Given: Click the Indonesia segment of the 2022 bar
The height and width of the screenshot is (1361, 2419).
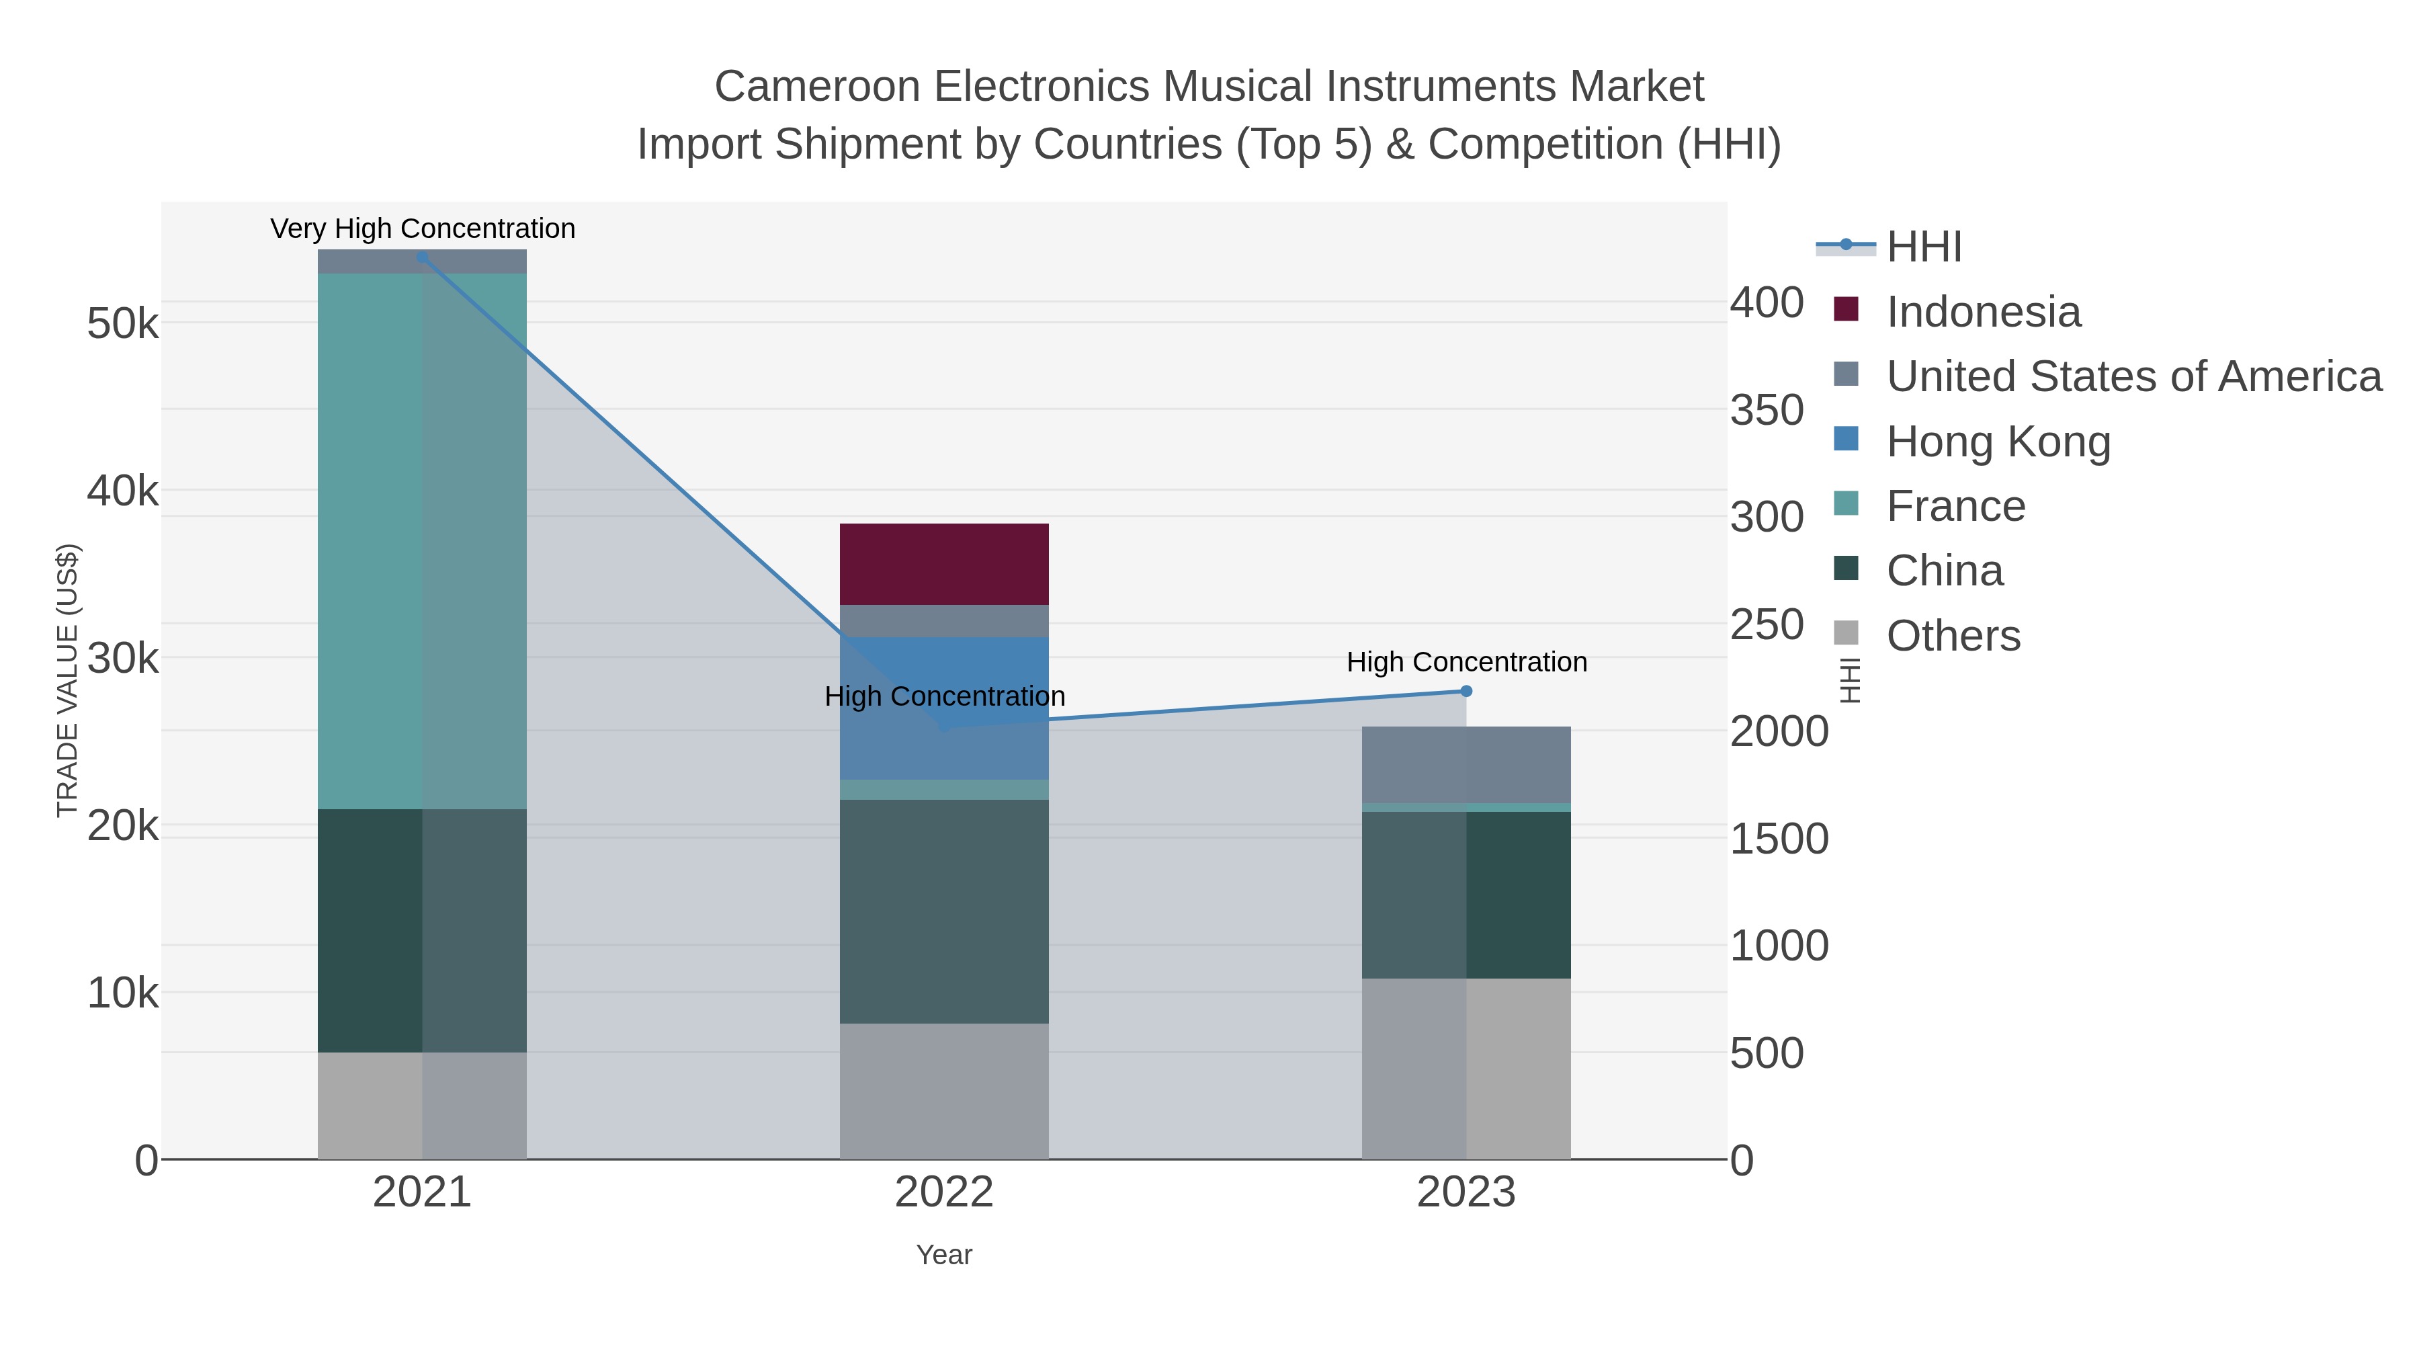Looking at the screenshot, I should pos(944,564).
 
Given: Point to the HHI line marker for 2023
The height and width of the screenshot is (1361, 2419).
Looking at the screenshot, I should pos(1466,692).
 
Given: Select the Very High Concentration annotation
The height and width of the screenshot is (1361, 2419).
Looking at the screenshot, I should pos(423,229).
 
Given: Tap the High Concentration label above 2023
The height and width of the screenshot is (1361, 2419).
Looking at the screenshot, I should pos(1466,662).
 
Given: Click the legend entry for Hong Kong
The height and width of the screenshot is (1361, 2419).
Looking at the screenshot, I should pos(1998,442).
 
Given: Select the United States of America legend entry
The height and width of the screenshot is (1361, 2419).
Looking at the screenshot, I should pos(2133,376).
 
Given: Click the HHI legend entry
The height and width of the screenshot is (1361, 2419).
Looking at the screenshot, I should pos(1923,247).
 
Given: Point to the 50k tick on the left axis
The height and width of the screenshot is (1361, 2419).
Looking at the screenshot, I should pos(123,325).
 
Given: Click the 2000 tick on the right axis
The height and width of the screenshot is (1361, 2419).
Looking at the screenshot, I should pos(1779,732).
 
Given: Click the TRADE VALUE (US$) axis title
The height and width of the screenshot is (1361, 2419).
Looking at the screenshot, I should pos(68,680).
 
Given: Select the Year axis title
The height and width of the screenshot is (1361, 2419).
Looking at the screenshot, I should pos(944,1255).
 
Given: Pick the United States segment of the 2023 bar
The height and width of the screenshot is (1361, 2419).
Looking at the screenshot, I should pos(1466,765).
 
